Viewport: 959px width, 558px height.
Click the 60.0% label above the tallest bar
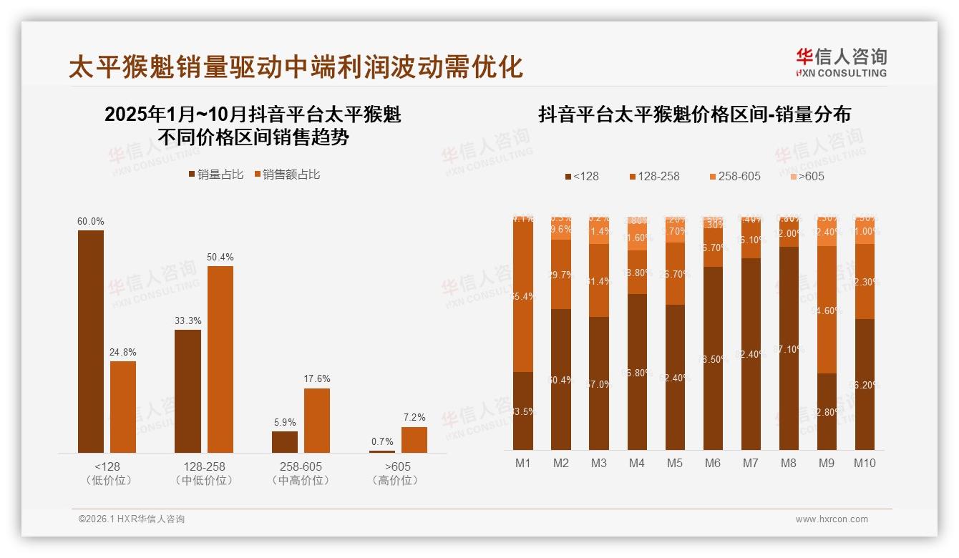point(91,221)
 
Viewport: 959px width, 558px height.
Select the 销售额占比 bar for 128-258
point(220,359)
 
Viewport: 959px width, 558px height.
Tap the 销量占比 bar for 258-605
point(285,441)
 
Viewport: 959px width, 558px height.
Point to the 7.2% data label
point(414,417)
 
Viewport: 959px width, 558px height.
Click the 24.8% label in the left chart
point(123,352)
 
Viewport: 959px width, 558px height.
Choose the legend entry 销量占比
point(215,174)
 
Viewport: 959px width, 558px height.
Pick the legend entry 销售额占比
point(288,174)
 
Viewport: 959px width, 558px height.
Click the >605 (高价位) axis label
point(395,473)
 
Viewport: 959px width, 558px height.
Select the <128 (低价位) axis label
point(108,473)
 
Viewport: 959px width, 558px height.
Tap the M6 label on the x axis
point(712,463)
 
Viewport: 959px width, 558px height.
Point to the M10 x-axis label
point(864,463)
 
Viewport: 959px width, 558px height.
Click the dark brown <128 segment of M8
point(788,348)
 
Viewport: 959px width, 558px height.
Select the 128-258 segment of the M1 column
point(523,296)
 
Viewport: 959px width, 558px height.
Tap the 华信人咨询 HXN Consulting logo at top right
point(841,62)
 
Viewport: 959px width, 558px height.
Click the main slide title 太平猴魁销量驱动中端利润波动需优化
point(296,67)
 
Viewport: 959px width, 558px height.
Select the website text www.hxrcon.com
point(832,519)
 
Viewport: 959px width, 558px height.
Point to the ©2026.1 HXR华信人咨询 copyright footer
point(131,519)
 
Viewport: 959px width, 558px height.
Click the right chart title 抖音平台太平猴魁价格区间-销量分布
point(694,114)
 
